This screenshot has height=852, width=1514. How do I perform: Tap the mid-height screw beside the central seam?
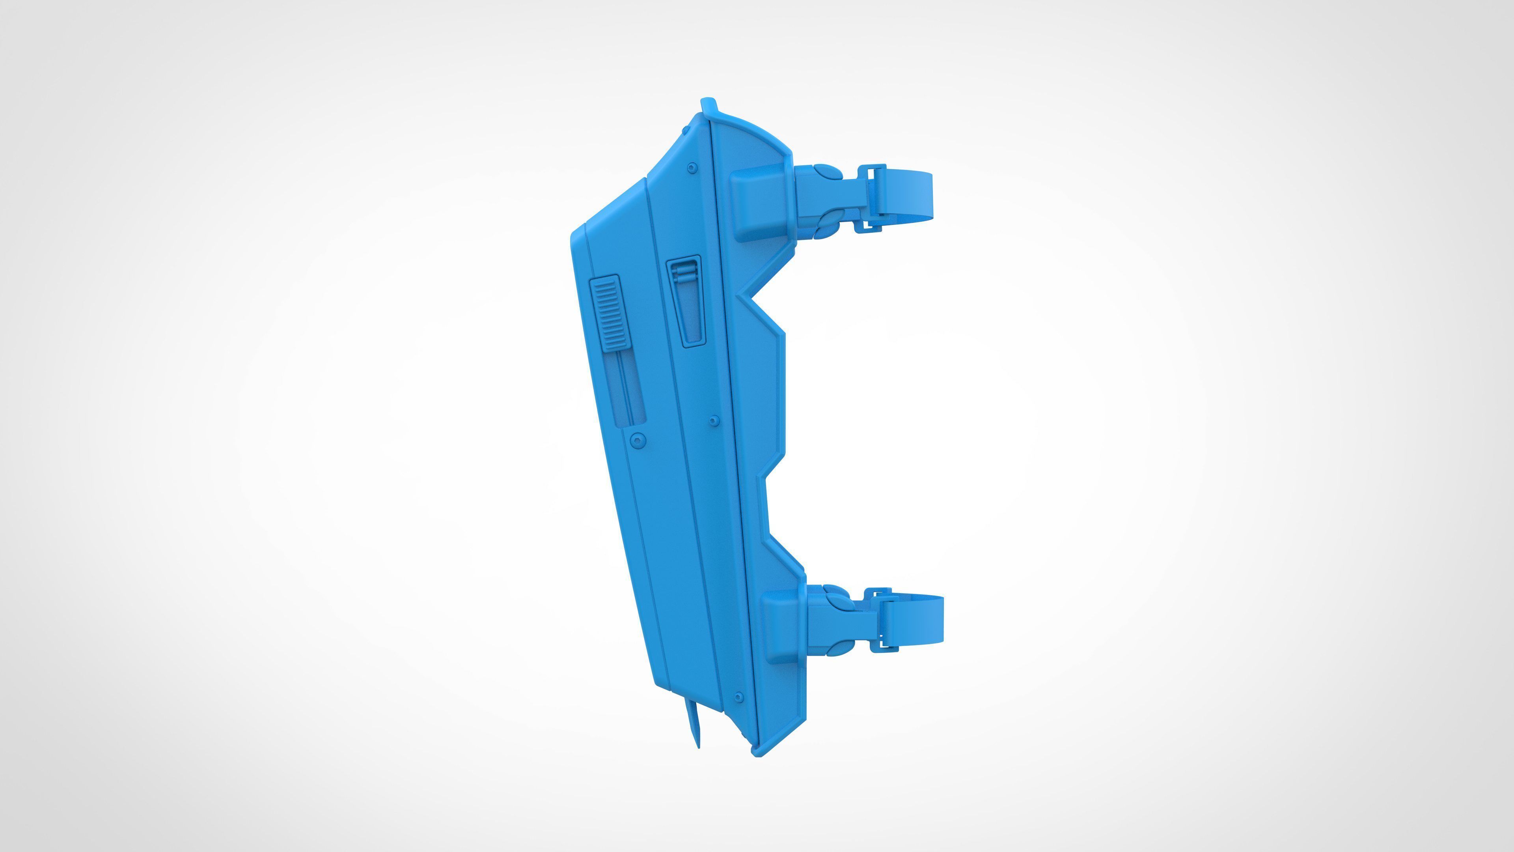pos(714,420)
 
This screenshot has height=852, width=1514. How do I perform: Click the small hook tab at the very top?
pos(709,106)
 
